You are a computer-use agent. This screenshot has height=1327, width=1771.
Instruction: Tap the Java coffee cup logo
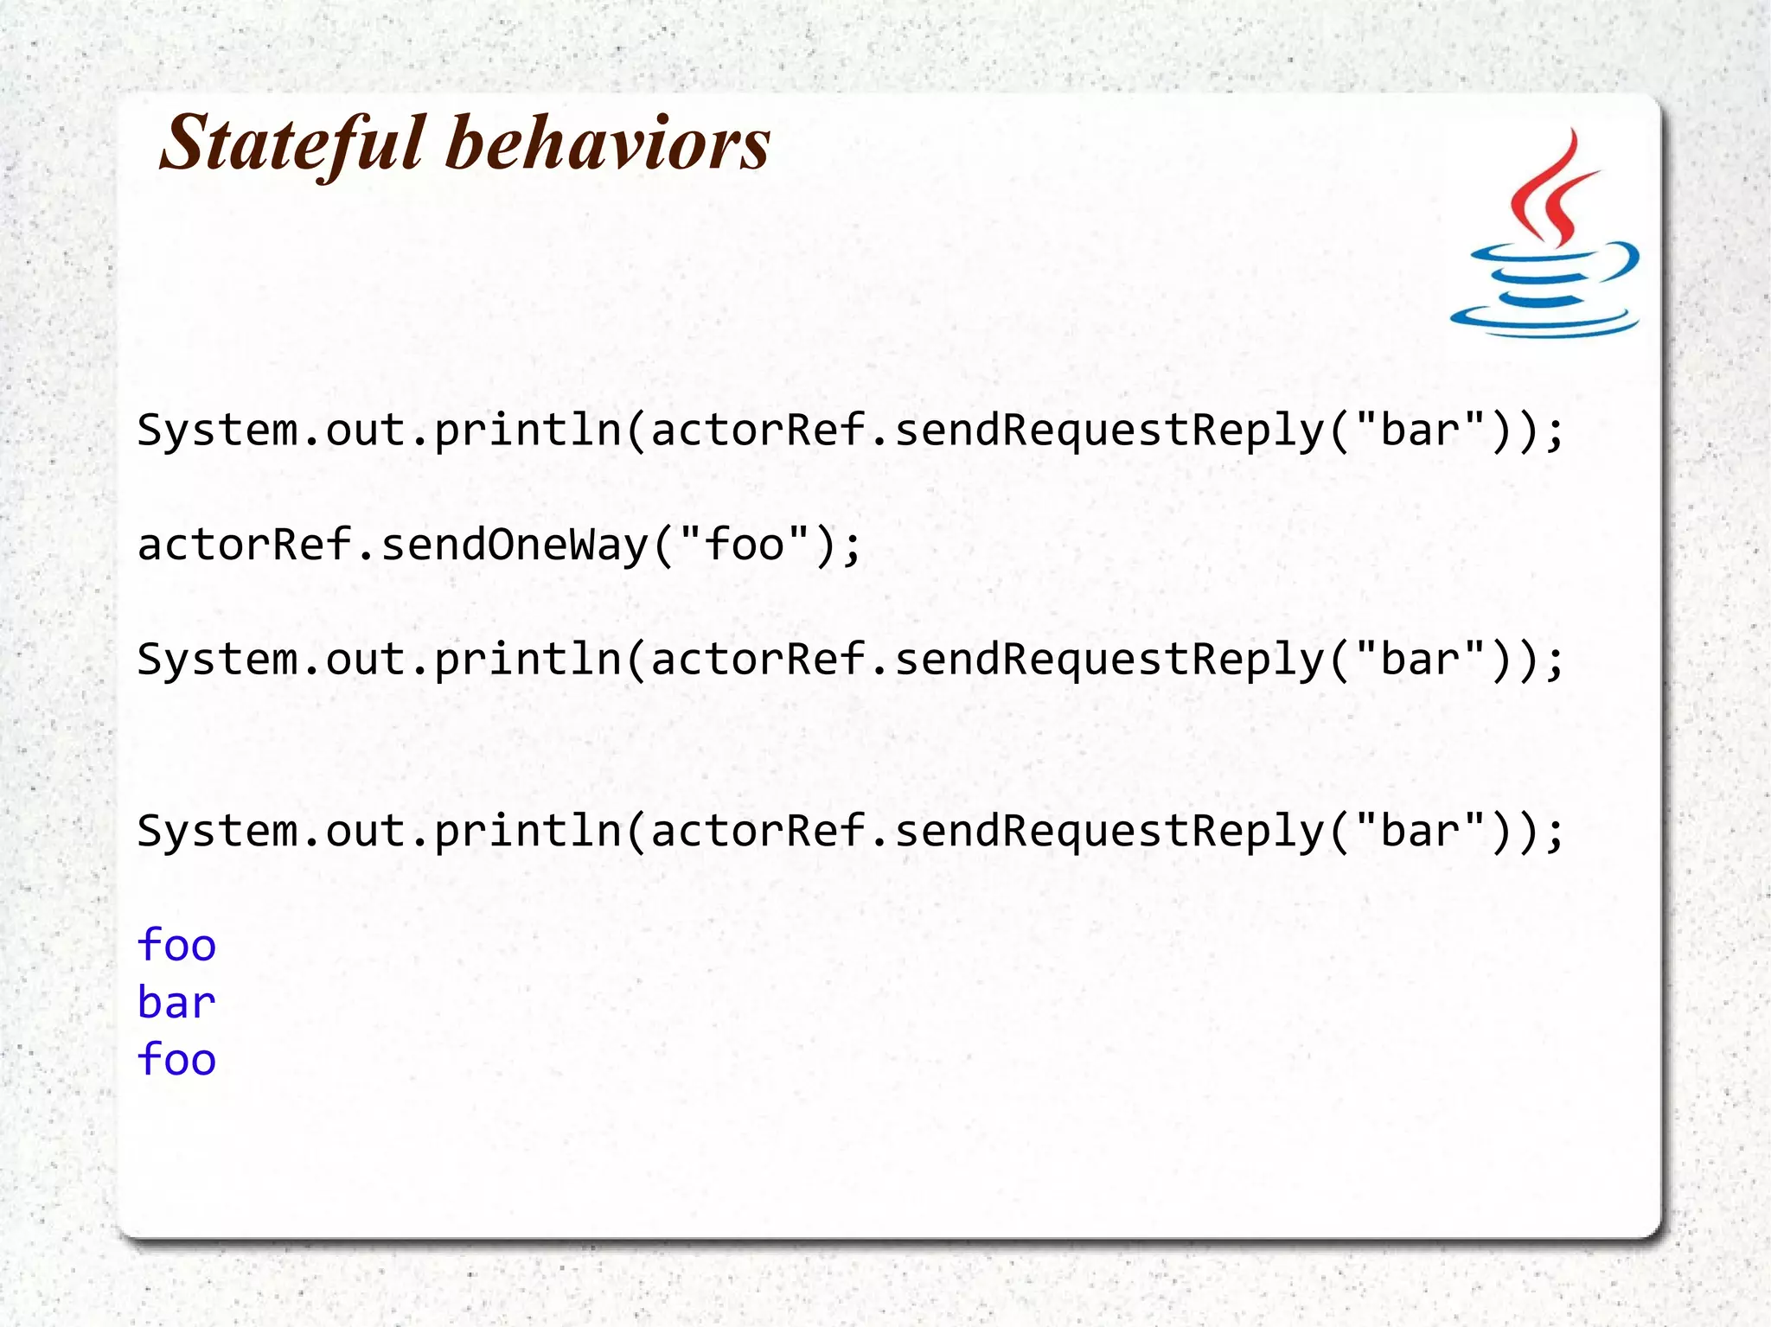1545,233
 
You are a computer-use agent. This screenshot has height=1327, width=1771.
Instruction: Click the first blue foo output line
176,945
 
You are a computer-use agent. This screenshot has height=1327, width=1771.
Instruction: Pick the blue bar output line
176,1003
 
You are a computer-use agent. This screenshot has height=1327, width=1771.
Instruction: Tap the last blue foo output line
176,1060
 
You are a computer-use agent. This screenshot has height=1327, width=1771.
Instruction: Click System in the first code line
217,431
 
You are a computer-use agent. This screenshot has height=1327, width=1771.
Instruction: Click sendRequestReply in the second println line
1109,660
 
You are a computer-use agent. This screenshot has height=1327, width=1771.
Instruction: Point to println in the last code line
527,832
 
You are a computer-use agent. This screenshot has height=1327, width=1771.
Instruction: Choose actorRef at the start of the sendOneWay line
245,545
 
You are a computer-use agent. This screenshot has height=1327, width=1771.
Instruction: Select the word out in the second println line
366,660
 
